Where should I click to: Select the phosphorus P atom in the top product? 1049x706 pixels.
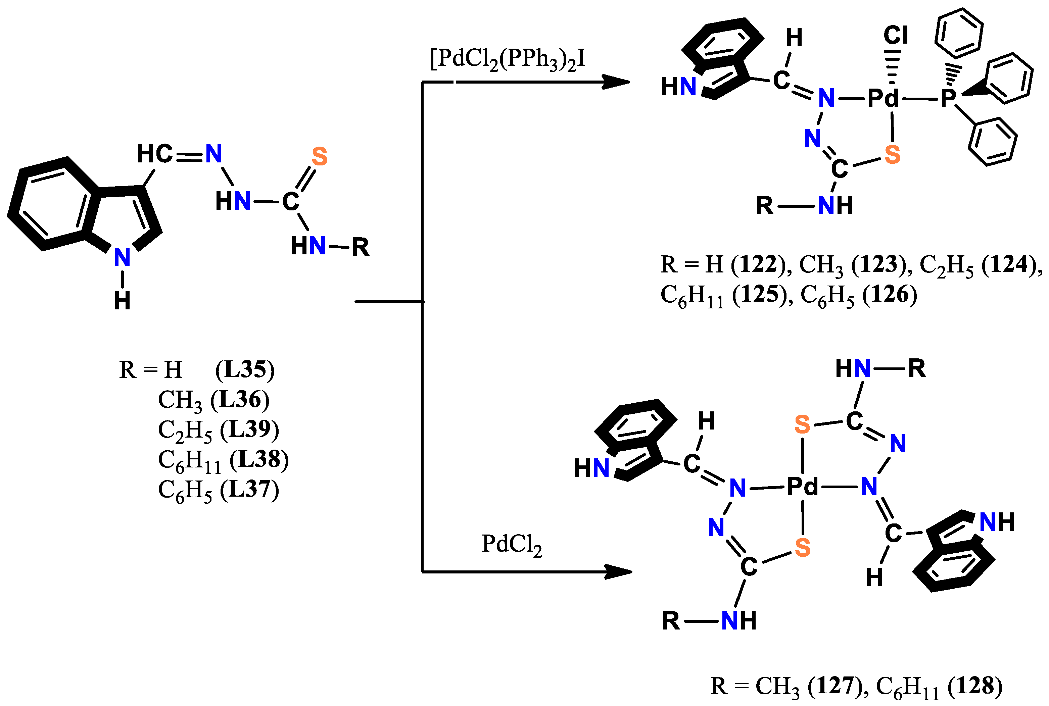click(948, 98)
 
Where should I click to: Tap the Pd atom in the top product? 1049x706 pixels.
click(883, 98)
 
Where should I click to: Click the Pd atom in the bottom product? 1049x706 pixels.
click(802, 487)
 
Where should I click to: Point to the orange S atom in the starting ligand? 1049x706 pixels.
click(319, 157)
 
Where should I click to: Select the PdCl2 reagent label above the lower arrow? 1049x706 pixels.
click(511, 545)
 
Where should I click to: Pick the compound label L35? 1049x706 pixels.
click(245, 370)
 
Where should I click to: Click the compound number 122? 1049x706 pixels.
click(759, 264)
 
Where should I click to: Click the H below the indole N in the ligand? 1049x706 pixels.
click(122, 301)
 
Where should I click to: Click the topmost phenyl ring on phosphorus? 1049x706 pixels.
click(958, 33)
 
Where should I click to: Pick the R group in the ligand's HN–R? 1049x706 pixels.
click(360, 247)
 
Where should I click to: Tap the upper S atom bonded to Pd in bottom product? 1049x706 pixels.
click(802, 424)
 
